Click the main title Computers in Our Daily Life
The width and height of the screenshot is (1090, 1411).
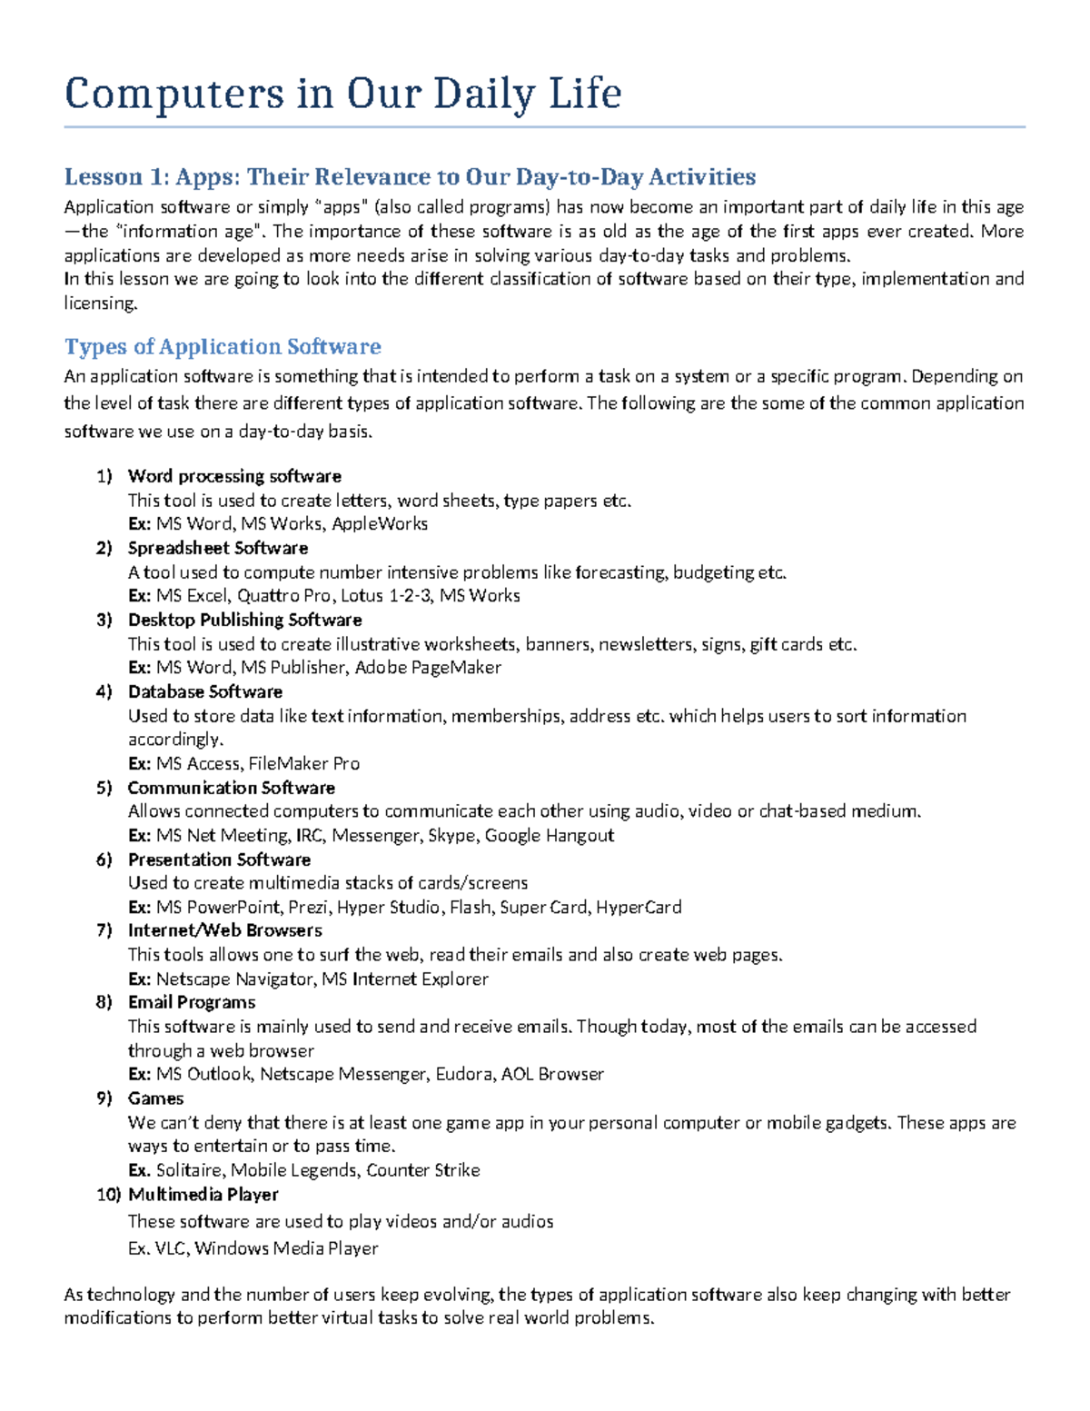coord(342,94)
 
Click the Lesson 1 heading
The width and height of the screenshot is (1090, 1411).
coord(410,176)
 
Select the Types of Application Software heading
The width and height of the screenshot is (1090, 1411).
coord(223,346)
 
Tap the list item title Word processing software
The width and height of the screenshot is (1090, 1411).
coord(234,476)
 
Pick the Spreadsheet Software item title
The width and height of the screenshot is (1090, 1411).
coord(218,548)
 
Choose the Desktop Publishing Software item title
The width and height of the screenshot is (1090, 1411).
coord(244,620)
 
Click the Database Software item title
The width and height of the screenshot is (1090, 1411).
coord(205,691)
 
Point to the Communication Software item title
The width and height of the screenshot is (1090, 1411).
coord(232,788)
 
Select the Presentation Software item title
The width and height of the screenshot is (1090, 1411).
coord(219,860)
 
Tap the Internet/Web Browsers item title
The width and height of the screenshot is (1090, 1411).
coord(225,930)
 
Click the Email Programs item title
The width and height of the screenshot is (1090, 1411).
coord(192,1002)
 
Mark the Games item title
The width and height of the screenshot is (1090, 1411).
coord(155,1098)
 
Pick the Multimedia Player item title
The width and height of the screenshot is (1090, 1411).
coord(203,1194)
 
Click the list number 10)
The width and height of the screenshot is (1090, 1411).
coord(108,1195)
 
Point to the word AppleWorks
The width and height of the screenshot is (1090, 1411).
coord(380,524)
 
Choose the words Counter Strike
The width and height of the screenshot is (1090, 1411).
coord(423,1170)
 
